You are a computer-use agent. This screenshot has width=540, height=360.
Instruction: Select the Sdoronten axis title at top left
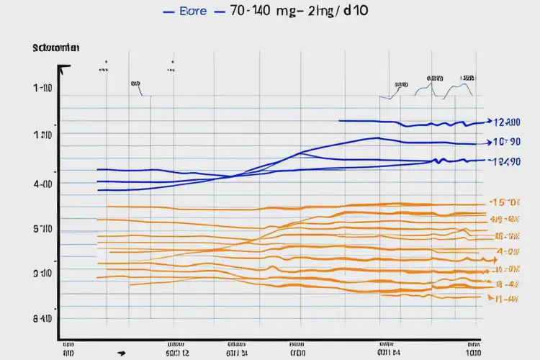(x=55, y=48)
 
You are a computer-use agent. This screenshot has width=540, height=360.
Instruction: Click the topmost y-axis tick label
(x=43, y=89)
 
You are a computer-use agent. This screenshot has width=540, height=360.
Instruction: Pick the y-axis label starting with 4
(x=43, y=184)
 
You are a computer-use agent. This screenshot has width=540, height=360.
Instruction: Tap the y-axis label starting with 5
(x=43, y=230)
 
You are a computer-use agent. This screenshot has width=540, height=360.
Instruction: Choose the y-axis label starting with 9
(x=43, y=274)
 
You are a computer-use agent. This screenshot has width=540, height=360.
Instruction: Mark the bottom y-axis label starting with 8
(x=43, y=318)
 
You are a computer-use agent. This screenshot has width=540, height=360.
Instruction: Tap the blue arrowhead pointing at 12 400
(x=489, y=122)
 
